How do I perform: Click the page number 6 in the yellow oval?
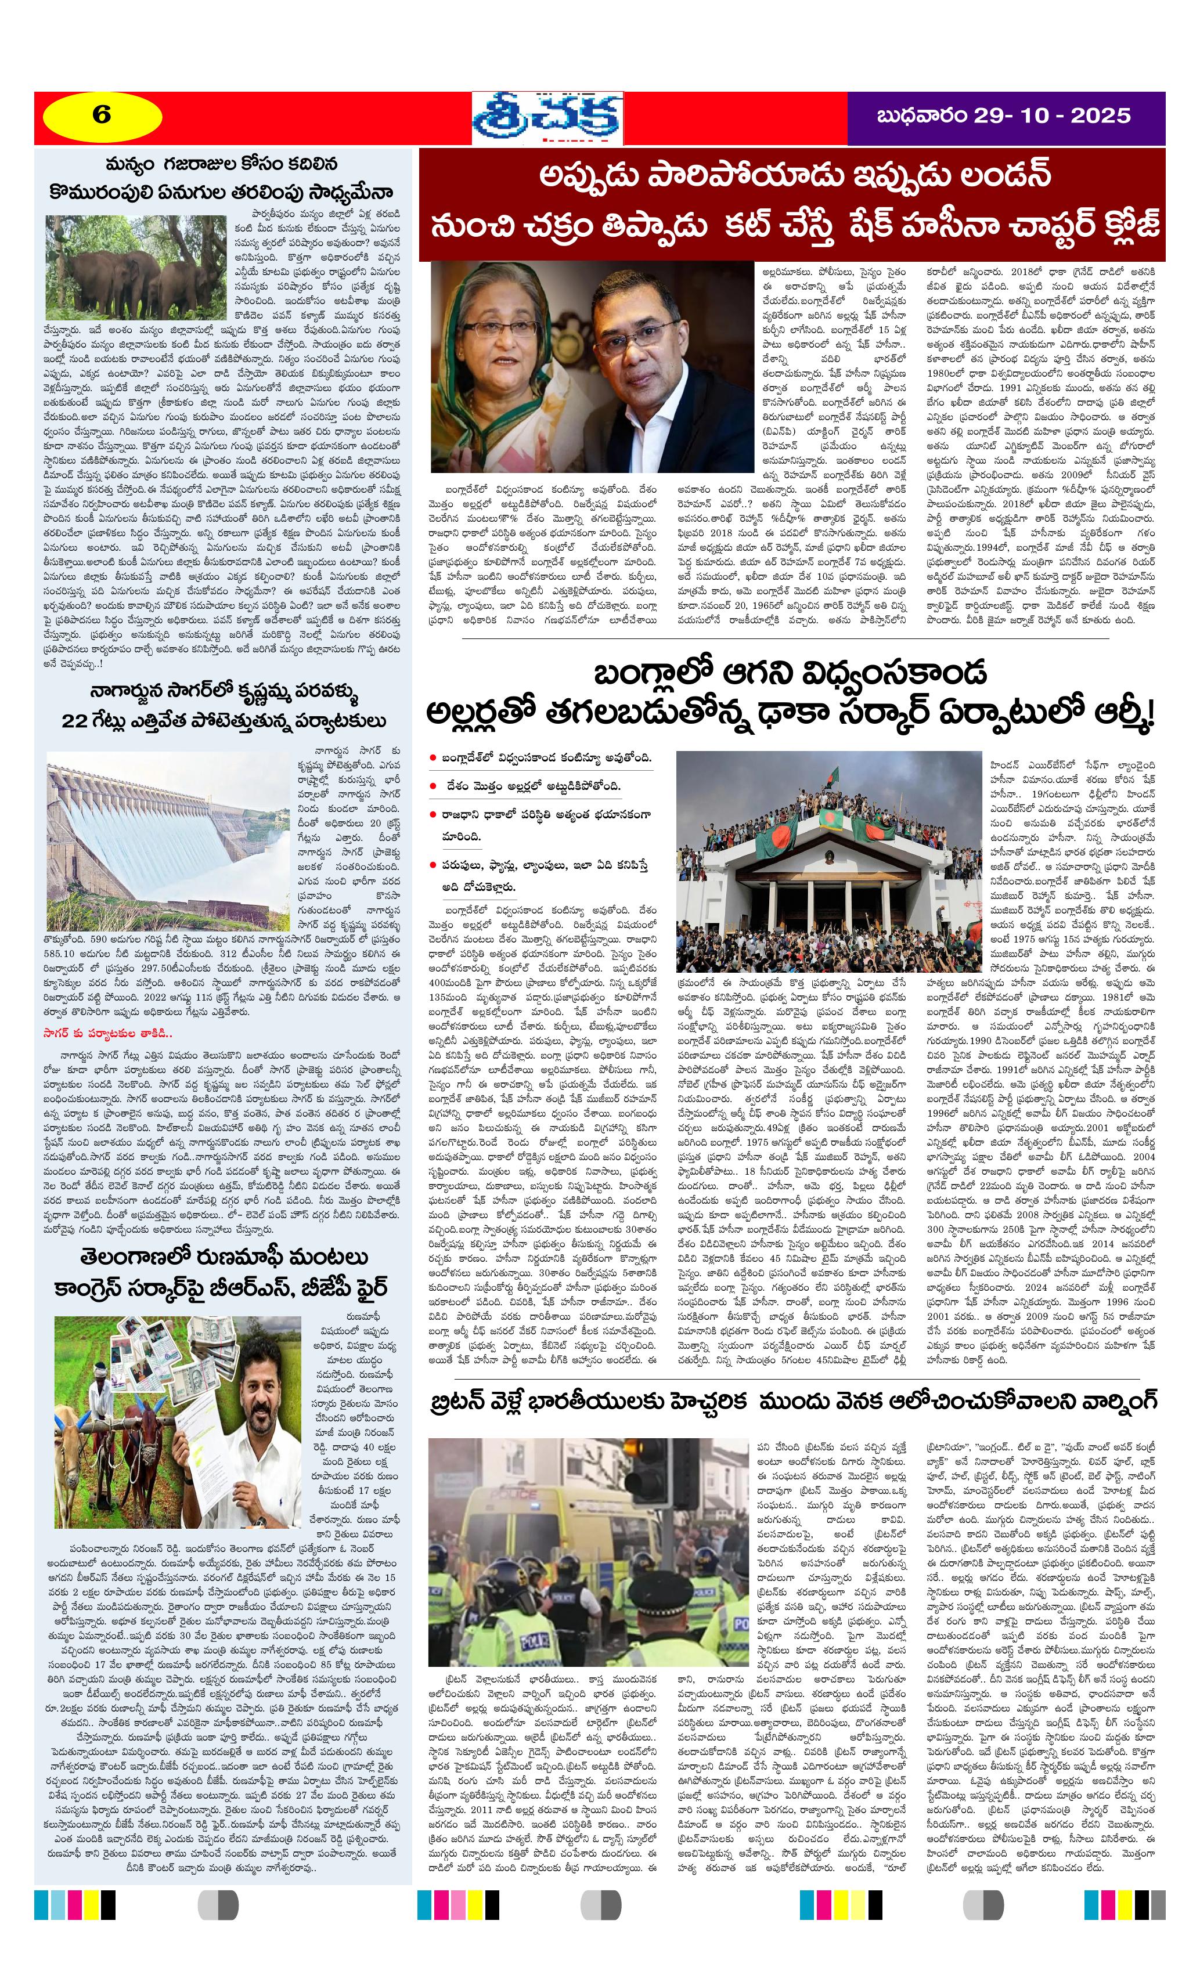click(102, 115)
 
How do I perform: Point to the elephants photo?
click(135, 266)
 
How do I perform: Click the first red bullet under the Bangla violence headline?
click(433, 757)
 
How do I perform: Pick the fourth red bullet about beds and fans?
click(433, 865)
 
